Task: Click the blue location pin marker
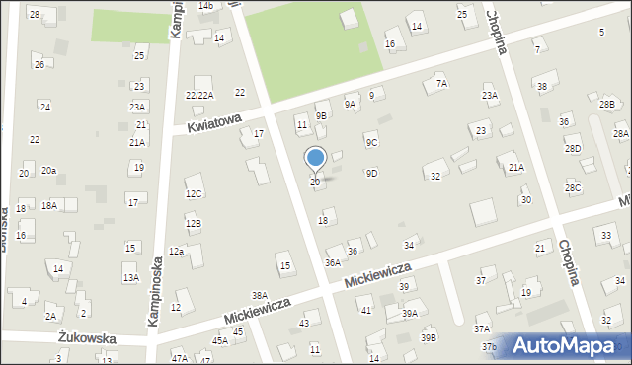coord(315,159)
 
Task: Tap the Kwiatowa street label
coord(214,122)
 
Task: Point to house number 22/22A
coord(199,94)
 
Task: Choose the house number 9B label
coord(321,115)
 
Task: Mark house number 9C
coord(371,142)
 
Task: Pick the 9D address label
coord(371,173)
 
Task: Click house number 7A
coord(441,84)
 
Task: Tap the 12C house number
coord(194,193)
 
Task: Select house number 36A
coord(333,262)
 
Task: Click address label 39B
coord(428,337)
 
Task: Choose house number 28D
coord(573,149)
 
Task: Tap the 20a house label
coord(48,171)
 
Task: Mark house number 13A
coord(130,278)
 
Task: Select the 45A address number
coord(219,340)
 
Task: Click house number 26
coord(39,64)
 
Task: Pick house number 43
coord(305,323)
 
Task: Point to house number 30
coord(526,199)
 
